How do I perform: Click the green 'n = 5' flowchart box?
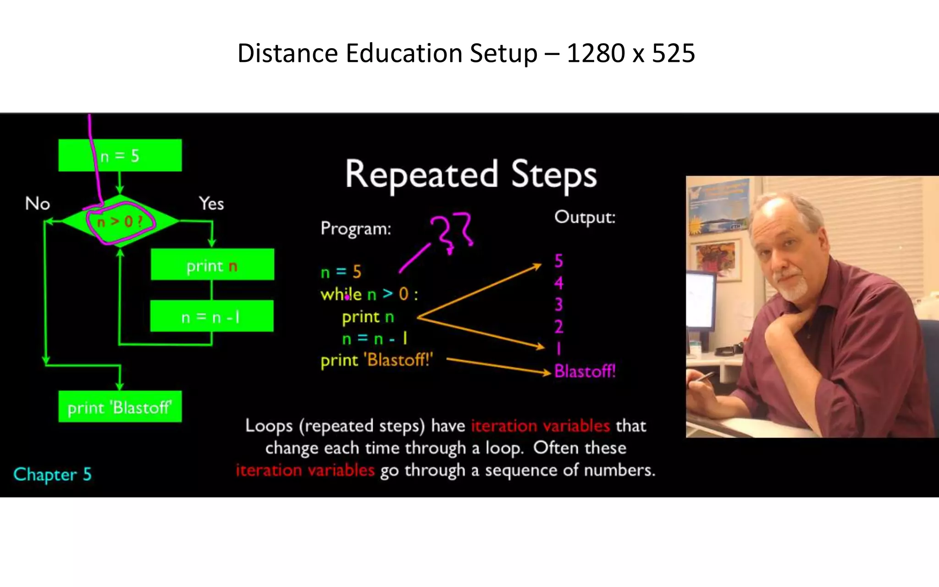(120, 155)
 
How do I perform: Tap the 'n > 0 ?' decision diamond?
(120, 222)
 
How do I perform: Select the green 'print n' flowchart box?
(212, 265)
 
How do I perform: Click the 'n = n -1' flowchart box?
(211, 316)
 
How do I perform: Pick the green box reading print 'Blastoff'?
(120, 407)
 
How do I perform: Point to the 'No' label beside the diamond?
(38, 204)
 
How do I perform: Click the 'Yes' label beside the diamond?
(211, 204)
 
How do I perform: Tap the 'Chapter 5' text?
(53, 474)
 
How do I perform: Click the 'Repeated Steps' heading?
(471, 175)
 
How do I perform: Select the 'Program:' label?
(356, 228)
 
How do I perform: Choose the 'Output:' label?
(585, 217)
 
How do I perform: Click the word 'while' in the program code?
(341, 294)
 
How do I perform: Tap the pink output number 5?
(558, 261)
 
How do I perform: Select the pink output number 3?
(558, 305)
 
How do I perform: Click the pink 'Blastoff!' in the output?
(585, 371)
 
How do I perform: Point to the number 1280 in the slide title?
(596, 53)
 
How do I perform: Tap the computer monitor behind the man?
(701, 300)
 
